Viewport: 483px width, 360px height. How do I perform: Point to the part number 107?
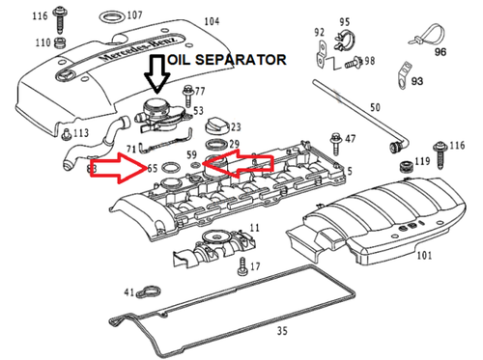click(x=133, y=15)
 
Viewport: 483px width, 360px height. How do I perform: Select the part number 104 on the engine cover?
click(x=211, y=21)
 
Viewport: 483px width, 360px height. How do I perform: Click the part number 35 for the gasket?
click(x=282, y=330)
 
